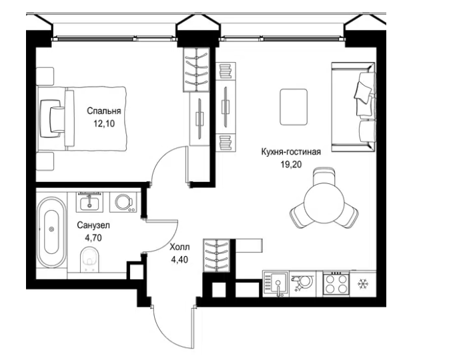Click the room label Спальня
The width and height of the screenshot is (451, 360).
click(x=103, y=111)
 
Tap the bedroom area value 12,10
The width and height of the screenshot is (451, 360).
click(x=103, y=123)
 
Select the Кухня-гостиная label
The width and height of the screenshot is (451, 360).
click(x=291, y=152)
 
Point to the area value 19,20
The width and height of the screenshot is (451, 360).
click(x=291, y=165)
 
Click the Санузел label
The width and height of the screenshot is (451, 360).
click(x=93, y=225)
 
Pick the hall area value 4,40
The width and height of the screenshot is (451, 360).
click(x=179, y=260)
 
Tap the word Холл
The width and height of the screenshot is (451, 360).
click(x=179, y=247)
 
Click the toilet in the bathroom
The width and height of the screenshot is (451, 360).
click(x=90, y=259)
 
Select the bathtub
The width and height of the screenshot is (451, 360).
click(x=52, y=232)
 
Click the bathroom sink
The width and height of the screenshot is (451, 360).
click(x=89, y=202)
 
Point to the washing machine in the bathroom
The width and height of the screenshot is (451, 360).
click(x=123, y=202)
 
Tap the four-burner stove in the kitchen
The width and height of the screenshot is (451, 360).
click(x=336, y=284)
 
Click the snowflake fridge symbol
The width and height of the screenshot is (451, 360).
click(x=363, y=284)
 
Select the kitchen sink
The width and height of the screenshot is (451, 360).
click(x=276, y=284)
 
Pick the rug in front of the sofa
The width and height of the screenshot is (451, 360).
click(x=294, y=107)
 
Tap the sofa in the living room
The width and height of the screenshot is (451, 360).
click(x=353, y=107)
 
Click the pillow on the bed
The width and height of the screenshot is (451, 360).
click(x=53, y=119)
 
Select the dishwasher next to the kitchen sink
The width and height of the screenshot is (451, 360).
click(x=304, y=284)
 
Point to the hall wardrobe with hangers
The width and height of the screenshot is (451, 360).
click(x=216, y=255)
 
